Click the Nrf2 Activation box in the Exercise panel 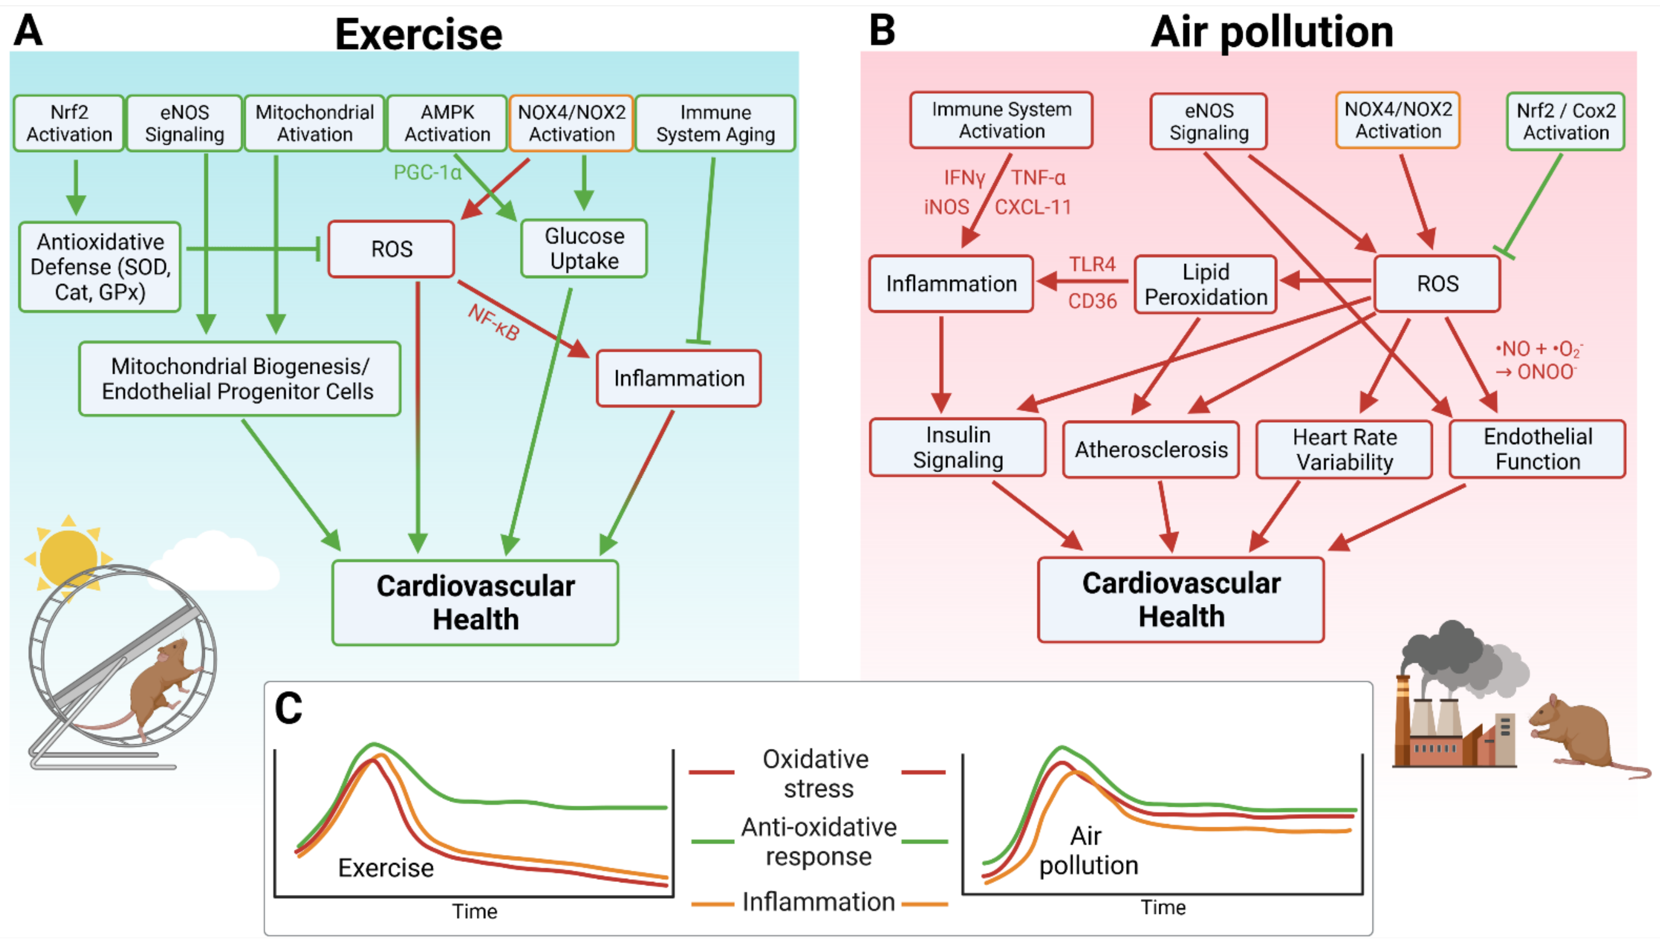point(69,123)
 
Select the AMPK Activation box point(447,123)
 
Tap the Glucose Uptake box point(584,248)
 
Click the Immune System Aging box point(715,123)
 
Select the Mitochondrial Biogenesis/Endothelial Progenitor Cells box point(239,379)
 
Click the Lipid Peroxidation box point(1206,284)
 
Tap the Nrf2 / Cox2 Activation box point(1565,121)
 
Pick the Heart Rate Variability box point(1344,449)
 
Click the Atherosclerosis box point(1150,449)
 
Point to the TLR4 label point(1092,264)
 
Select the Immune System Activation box point(1001,120)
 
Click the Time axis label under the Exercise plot point(474,911)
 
